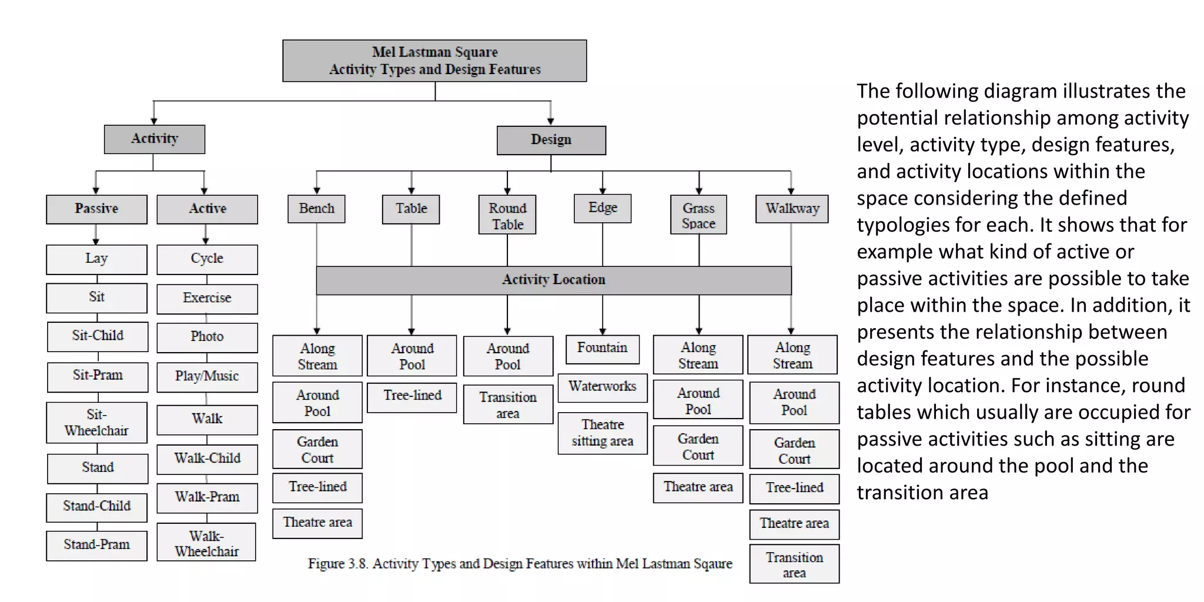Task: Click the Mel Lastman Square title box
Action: pos(434,61)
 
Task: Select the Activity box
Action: pos(155,139)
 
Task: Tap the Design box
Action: pos(551,140)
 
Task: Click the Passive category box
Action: pos(96,209)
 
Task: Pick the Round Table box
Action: pos(507,215)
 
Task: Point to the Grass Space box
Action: pos(698,215)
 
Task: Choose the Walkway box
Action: pos(792,209)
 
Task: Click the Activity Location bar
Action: pos(553,280)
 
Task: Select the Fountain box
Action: pos(602,348)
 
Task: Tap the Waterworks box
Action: pos(602,387)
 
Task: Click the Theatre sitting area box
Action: pos(602,433)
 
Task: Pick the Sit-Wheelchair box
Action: pos(96,422)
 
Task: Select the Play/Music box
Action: pos(207,376)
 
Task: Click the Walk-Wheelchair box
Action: pos(206,543)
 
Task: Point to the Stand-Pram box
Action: pos(96,545)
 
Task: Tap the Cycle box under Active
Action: pos(207,259)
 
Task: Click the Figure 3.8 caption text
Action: pos(520,564)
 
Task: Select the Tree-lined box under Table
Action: pos(412,396)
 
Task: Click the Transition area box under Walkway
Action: pos(794,564)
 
